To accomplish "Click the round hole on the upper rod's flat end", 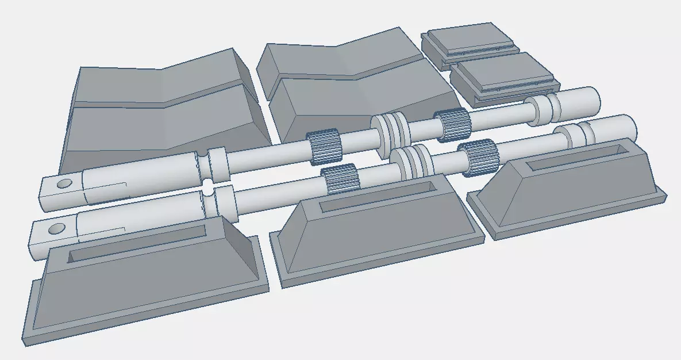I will pos(64,184).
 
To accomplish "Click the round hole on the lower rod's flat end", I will pos(56,229).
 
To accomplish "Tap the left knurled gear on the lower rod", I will pos(340,179).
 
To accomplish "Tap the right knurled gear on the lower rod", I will pos(477,156).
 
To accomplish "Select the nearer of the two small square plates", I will pos(503,74).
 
